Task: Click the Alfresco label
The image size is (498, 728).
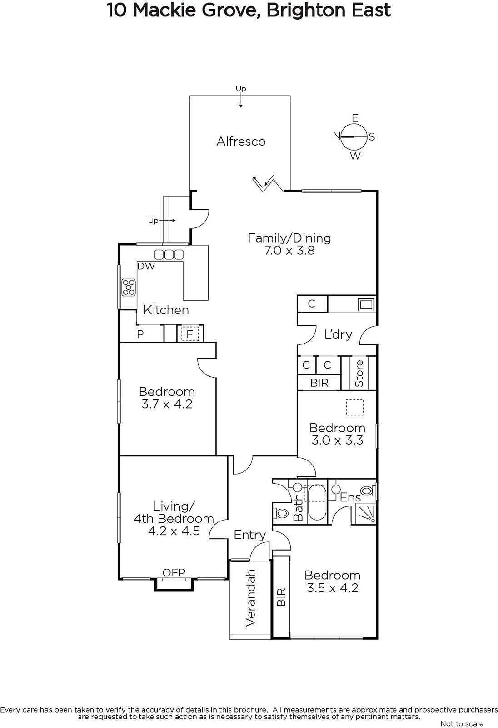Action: coord(241,142)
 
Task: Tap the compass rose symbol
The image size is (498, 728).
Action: coord(354,137)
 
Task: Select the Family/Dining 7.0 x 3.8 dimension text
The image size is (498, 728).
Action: coord(289,251)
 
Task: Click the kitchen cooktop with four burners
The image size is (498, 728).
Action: coord(129,288)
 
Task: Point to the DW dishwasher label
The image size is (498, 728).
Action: coord(146,266)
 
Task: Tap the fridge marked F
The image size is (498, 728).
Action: coord(190,334)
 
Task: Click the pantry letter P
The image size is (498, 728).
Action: coord(140,334)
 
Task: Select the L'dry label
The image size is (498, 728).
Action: coord(338,334)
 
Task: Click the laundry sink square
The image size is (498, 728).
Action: coord(367,304)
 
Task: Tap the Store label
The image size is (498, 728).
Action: coord(359,374)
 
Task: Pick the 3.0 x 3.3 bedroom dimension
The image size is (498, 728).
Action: coord(337,440)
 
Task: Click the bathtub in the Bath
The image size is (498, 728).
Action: coord(316,503)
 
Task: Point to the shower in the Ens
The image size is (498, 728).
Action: coord(365,514)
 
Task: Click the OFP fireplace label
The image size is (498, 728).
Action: coord(174,573)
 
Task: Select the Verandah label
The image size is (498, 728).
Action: coord(250,598)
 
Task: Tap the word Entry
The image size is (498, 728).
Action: coord(249,535)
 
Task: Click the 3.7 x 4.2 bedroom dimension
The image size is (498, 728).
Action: coord(167,404)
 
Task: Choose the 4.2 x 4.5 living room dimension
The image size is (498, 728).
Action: coord(174,531)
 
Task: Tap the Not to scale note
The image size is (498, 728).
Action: coord(462,723)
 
